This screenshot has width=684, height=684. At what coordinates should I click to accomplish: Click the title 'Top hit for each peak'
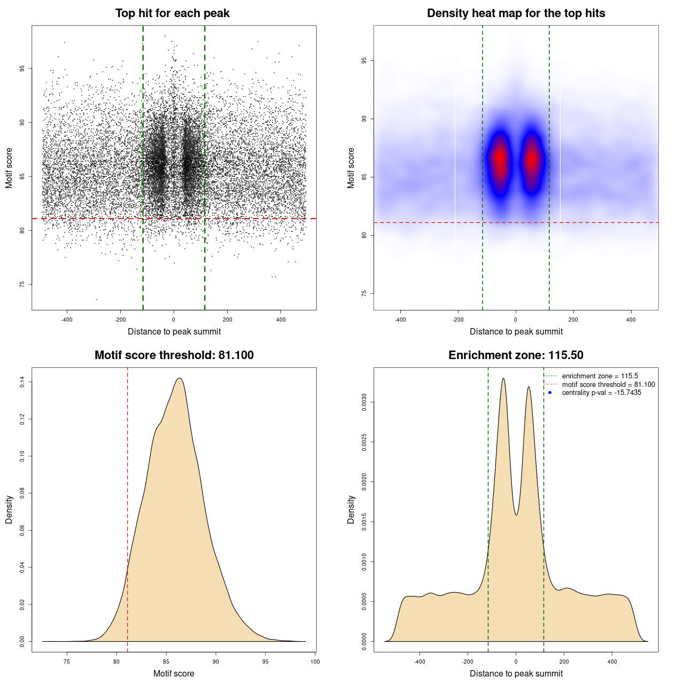tap(172, 13)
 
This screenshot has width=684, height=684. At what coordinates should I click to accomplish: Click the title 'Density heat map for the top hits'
tap(516, 13)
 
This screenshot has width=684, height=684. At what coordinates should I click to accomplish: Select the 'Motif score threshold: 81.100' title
tap(174, 355)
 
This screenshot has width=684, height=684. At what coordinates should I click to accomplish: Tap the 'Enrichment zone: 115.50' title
tap(516, 355)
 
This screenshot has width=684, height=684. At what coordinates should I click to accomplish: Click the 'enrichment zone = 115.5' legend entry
tap(600, 376)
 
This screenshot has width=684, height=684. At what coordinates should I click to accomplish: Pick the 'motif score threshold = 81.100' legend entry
tap(608, 384)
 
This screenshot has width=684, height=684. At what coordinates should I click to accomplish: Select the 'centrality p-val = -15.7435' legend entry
tap(601, 393)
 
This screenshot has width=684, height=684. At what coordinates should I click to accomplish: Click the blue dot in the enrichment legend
tap(550, 393)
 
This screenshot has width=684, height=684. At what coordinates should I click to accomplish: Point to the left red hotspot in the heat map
tap(500, 159)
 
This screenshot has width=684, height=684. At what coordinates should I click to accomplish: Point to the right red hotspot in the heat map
tap(532, 159)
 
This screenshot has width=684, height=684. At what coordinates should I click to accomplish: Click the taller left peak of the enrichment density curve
tap(503, 379)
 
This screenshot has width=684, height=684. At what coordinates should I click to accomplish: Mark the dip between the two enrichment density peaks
tap(516, 515)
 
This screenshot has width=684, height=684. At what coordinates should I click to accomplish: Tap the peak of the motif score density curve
tap(180, 379)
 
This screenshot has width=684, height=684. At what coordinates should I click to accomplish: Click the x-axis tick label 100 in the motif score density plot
tap(315, 662)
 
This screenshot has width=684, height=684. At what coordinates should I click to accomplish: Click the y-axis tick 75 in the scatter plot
tap(22, 284)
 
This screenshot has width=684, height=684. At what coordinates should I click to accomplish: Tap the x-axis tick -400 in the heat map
tap(400, 320)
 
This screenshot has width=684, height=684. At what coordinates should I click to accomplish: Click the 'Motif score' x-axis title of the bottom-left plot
tap(174, 673)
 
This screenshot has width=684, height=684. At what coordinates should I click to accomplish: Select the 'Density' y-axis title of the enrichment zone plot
tap(351, 509)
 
